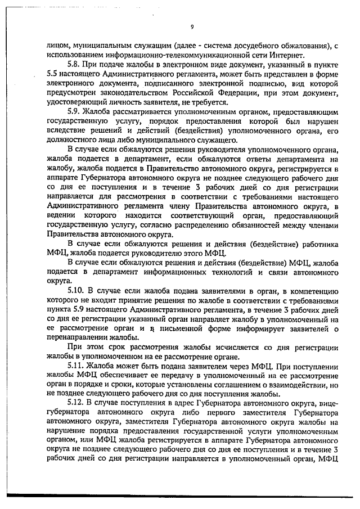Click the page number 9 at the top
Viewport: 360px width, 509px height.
click(192, 26)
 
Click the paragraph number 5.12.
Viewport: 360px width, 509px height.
click(76, 403)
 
